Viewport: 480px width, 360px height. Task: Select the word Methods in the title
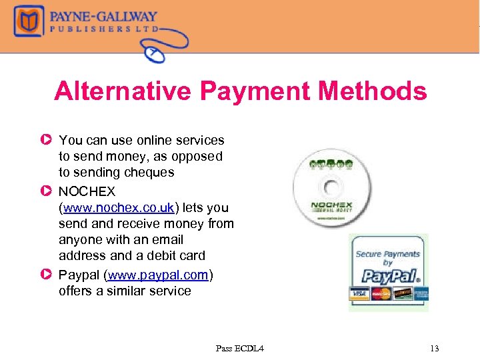[381, 91]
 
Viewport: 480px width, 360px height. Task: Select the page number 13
[435, 348]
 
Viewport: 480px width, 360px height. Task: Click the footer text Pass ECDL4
[239, 348]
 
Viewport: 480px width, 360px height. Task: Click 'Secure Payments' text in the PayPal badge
[387, 254]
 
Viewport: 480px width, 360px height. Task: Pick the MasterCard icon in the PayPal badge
[381, 294]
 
